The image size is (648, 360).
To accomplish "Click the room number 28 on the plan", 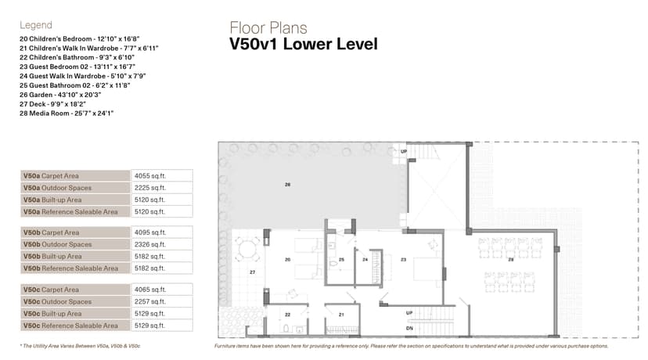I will pos(511,258).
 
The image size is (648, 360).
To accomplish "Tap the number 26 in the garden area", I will pos(287,185).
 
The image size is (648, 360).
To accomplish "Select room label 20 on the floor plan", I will pos(287,258).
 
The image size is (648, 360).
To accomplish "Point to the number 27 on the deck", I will pos(252,272).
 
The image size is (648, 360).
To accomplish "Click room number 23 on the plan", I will pos(403,258).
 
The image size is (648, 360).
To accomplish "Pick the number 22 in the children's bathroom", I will pos(287,315).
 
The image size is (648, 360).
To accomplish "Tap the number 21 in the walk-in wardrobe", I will pos(341,315).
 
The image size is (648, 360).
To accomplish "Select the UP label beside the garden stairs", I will pos(404,151).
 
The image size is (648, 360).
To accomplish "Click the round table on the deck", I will pos(247,250).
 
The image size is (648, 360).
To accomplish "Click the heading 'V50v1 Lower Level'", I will pos(303,45).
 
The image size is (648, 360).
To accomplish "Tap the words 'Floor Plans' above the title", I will pos(268,28).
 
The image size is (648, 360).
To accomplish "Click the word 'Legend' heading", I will pos(35,25).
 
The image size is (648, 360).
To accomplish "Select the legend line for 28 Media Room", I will pos(67,113).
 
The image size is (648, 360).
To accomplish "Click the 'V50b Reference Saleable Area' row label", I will pos(70,268).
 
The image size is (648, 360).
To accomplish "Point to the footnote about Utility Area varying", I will pos(81,345).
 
